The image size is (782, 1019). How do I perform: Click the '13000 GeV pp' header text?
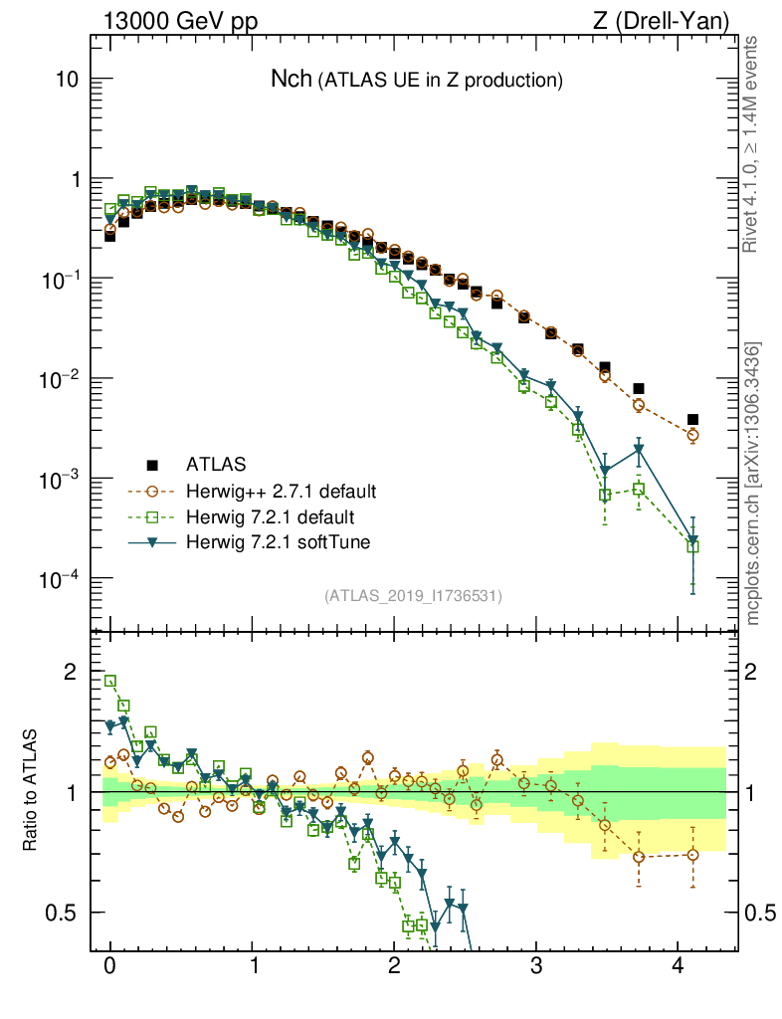tap(179, 21)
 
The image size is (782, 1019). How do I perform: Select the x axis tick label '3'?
tap(536, 964)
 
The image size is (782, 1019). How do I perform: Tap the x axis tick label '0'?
tap(109, 964)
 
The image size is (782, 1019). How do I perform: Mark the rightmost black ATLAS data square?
tap(692, 419)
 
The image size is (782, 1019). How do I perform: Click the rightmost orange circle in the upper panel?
tap(692, 435)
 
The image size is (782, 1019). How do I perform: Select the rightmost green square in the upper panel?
tap(692, 546)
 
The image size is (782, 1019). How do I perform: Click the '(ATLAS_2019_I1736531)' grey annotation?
tap(413, 596)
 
